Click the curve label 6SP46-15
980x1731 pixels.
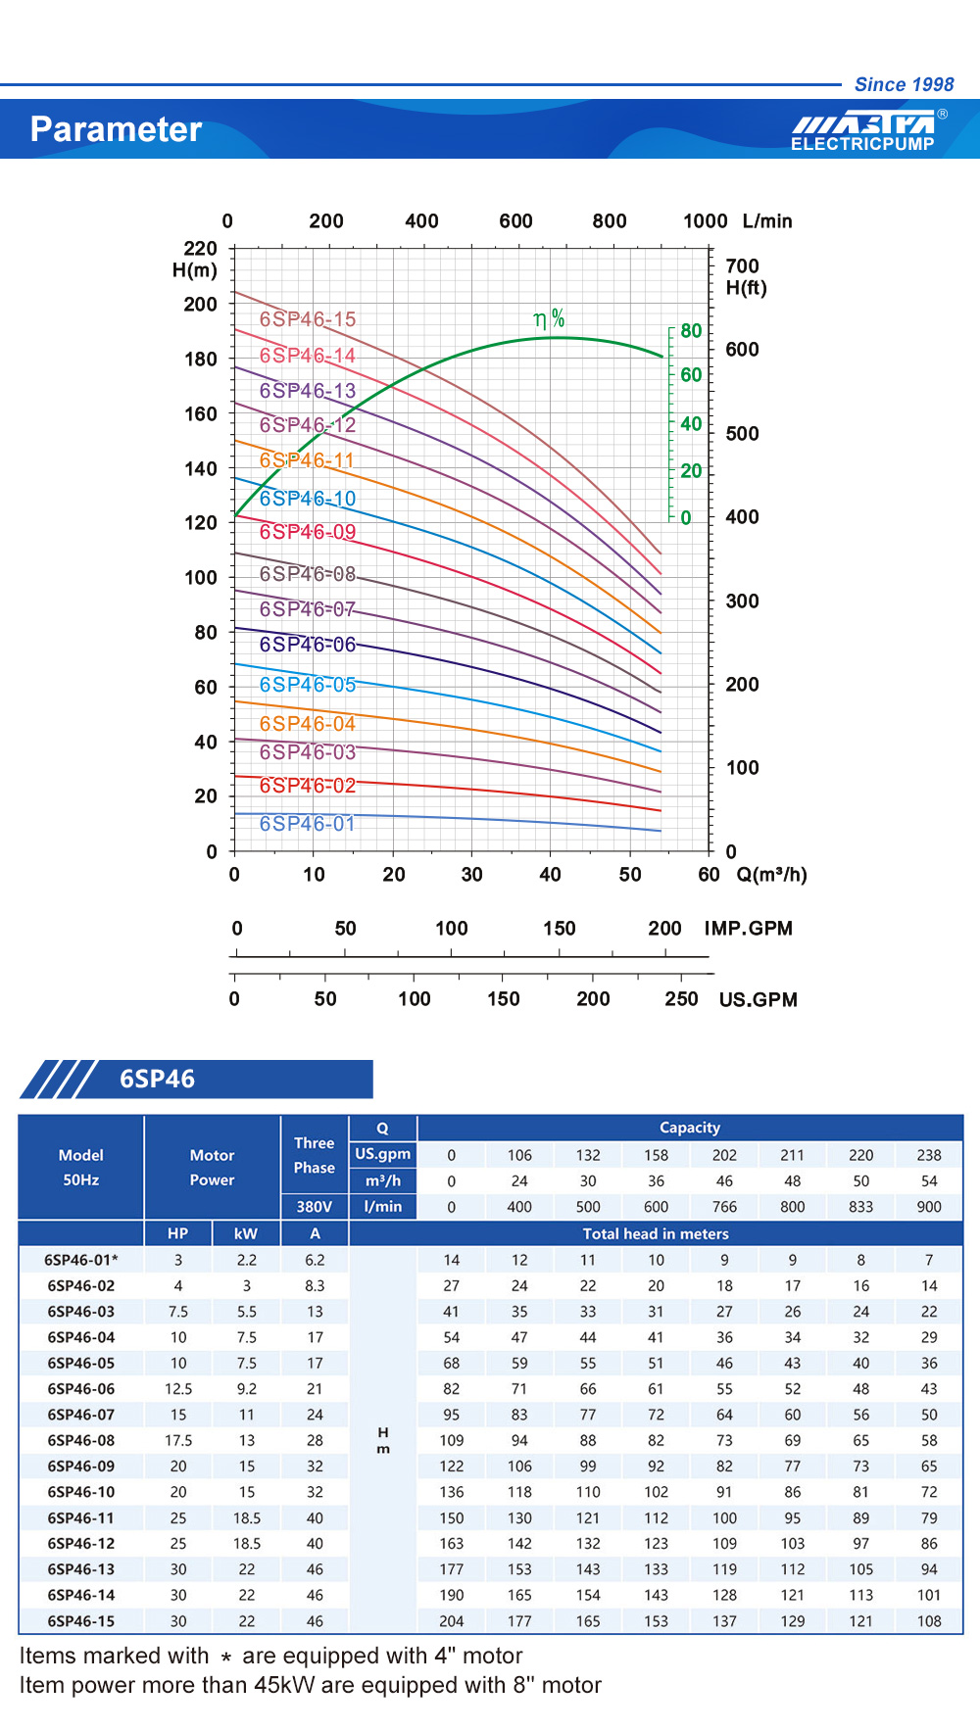[308, 319]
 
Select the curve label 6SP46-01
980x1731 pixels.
[307, 824]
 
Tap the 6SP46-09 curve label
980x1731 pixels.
[308, 532]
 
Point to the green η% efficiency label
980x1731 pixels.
[549, 318]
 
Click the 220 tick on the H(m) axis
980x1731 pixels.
[200, 249]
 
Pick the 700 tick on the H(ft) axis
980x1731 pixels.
[742, 266]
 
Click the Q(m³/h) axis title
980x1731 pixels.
[772, 875]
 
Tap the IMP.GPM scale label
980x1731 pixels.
[748, 929]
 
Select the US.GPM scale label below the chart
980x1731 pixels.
[758, 1000]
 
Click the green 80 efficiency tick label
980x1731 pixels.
[691, 331]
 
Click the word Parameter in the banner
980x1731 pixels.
[116, 129]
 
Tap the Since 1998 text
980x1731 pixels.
[904, 84]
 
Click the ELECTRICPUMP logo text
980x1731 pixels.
[862, 144]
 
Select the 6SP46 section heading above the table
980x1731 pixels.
[157, 1080]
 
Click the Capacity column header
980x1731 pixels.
[689, 1128]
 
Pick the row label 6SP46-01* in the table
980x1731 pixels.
[81, 1260]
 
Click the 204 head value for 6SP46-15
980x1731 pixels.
[451, 1621]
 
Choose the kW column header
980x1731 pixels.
[246, 1233]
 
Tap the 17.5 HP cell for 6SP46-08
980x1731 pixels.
[178, 1441]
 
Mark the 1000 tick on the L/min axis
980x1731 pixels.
[705, 221]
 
